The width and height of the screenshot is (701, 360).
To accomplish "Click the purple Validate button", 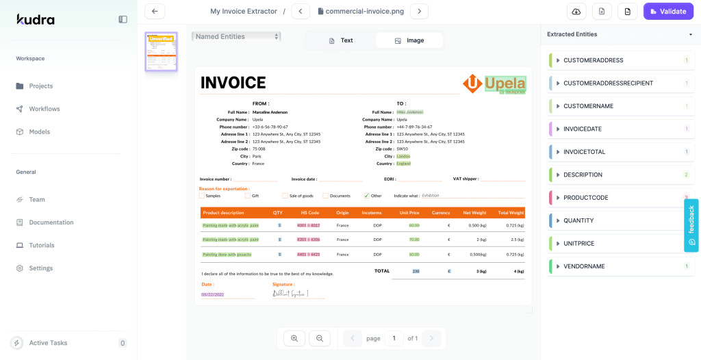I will point(664,11).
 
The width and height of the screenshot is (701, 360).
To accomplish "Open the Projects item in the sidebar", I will point(40,86).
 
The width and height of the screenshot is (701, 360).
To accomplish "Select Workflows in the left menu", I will point(44,109).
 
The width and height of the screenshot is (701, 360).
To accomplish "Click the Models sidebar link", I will point(39,131).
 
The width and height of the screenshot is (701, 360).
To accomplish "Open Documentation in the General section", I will point(51,222).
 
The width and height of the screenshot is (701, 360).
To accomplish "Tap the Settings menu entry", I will point(40,268).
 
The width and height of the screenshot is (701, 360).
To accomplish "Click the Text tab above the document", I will point(341,40).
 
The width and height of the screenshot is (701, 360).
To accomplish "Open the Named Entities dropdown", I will point(236,36).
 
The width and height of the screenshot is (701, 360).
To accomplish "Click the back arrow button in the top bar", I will point(155,11).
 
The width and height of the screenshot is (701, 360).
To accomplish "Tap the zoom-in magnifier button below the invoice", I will point(294,338).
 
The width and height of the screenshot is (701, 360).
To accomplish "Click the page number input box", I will point(394,338).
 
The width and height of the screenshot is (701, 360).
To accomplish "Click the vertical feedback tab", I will point(691,225).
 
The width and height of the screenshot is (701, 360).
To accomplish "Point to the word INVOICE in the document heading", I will point(233,83).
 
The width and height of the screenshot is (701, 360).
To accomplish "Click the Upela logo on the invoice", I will point(494,84).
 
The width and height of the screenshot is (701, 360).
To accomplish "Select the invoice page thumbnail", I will point(161,51).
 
